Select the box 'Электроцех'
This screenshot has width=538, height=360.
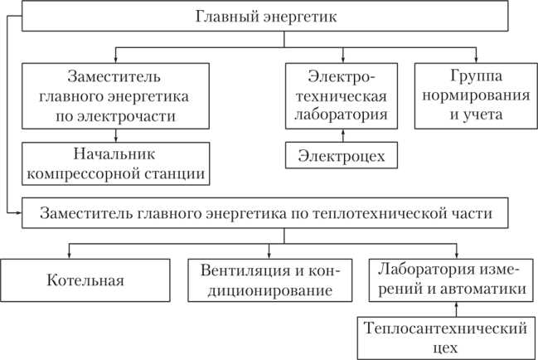pos(336,155)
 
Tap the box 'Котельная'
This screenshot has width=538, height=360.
pos(85,280)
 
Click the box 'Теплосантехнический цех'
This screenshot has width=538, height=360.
pos(444,337)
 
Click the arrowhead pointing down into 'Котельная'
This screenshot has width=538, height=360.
pos(70,253)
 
